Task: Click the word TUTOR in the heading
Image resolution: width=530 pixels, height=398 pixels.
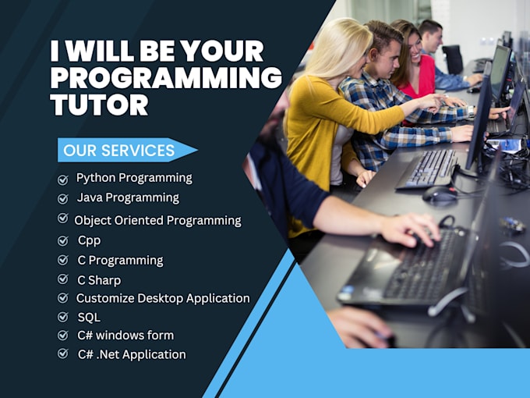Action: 99,105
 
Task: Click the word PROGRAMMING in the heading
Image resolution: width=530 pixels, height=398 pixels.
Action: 166,78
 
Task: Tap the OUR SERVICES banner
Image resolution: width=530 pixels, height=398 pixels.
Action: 119,150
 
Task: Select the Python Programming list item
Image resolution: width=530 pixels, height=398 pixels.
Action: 134,178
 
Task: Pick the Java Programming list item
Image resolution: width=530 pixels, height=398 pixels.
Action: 128,197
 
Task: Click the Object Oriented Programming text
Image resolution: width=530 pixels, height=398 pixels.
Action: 157,220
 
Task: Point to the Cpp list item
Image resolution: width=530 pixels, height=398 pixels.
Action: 89,240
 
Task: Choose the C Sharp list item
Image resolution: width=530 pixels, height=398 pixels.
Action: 99,279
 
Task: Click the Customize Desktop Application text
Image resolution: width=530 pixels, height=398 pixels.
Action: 163,298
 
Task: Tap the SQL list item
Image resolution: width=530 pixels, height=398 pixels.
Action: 89,318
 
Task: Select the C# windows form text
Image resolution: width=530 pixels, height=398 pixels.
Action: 125,336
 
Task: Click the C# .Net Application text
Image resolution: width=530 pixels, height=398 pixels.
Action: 132,354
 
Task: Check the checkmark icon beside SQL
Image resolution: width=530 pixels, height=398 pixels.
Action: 63,317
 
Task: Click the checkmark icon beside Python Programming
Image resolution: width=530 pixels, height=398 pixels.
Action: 63,179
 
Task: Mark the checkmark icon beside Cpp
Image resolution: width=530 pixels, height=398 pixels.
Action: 63,240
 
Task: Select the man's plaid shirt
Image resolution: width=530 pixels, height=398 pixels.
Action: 390,117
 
